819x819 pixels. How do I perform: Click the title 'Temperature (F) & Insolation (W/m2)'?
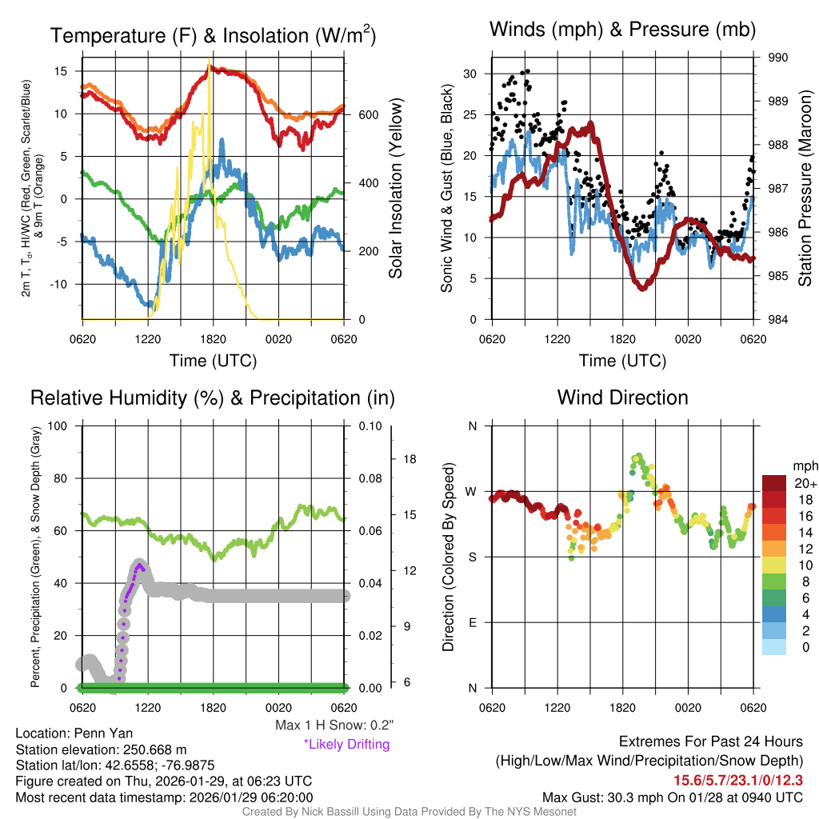tap(214, 36)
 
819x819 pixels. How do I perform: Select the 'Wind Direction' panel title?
tap(622, 398)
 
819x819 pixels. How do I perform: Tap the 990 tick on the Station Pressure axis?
tap(778, 58)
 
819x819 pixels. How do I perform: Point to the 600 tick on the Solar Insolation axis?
tap(368, 115)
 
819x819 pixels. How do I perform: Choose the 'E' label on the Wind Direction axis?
tap(472, 622)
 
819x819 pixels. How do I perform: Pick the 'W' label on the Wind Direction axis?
tap(472, 491)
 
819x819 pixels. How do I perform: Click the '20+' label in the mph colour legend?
tap(804, 483)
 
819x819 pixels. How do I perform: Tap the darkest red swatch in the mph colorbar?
tap(775, 483)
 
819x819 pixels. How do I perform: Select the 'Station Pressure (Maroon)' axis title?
tap(805, 189)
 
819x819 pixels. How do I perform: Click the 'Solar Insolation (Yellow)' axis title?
tap(396, 189)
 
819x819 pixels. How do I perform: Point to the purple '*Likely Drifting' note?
tap(346, 744)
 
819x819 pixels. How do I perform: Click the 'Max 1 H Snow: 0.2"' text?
tap(334, 725)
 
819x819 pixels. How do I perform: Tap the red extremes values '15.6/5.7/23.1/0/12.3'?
tap(737, 780)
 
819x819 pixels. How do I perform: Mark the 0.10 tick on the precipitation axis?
tap(370, 425)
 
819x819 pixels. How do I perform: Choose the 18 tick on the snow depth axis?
tap(410, 459)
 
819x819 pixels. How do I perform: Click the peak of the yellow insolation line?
tap(210, 60)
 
